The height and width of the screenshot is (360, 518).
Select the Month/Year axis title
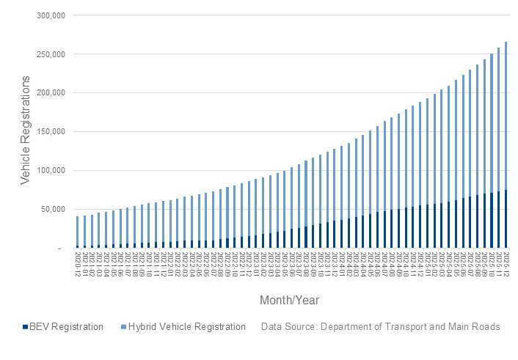tap(289, 301)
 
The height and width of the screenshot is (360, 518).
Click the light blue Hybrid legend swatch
tap(123, 327)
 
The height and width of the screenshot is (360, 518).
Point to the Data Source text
tap(380, 327)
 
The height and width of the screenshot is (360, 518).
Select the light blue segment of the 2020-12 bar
tap(78, 230)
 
